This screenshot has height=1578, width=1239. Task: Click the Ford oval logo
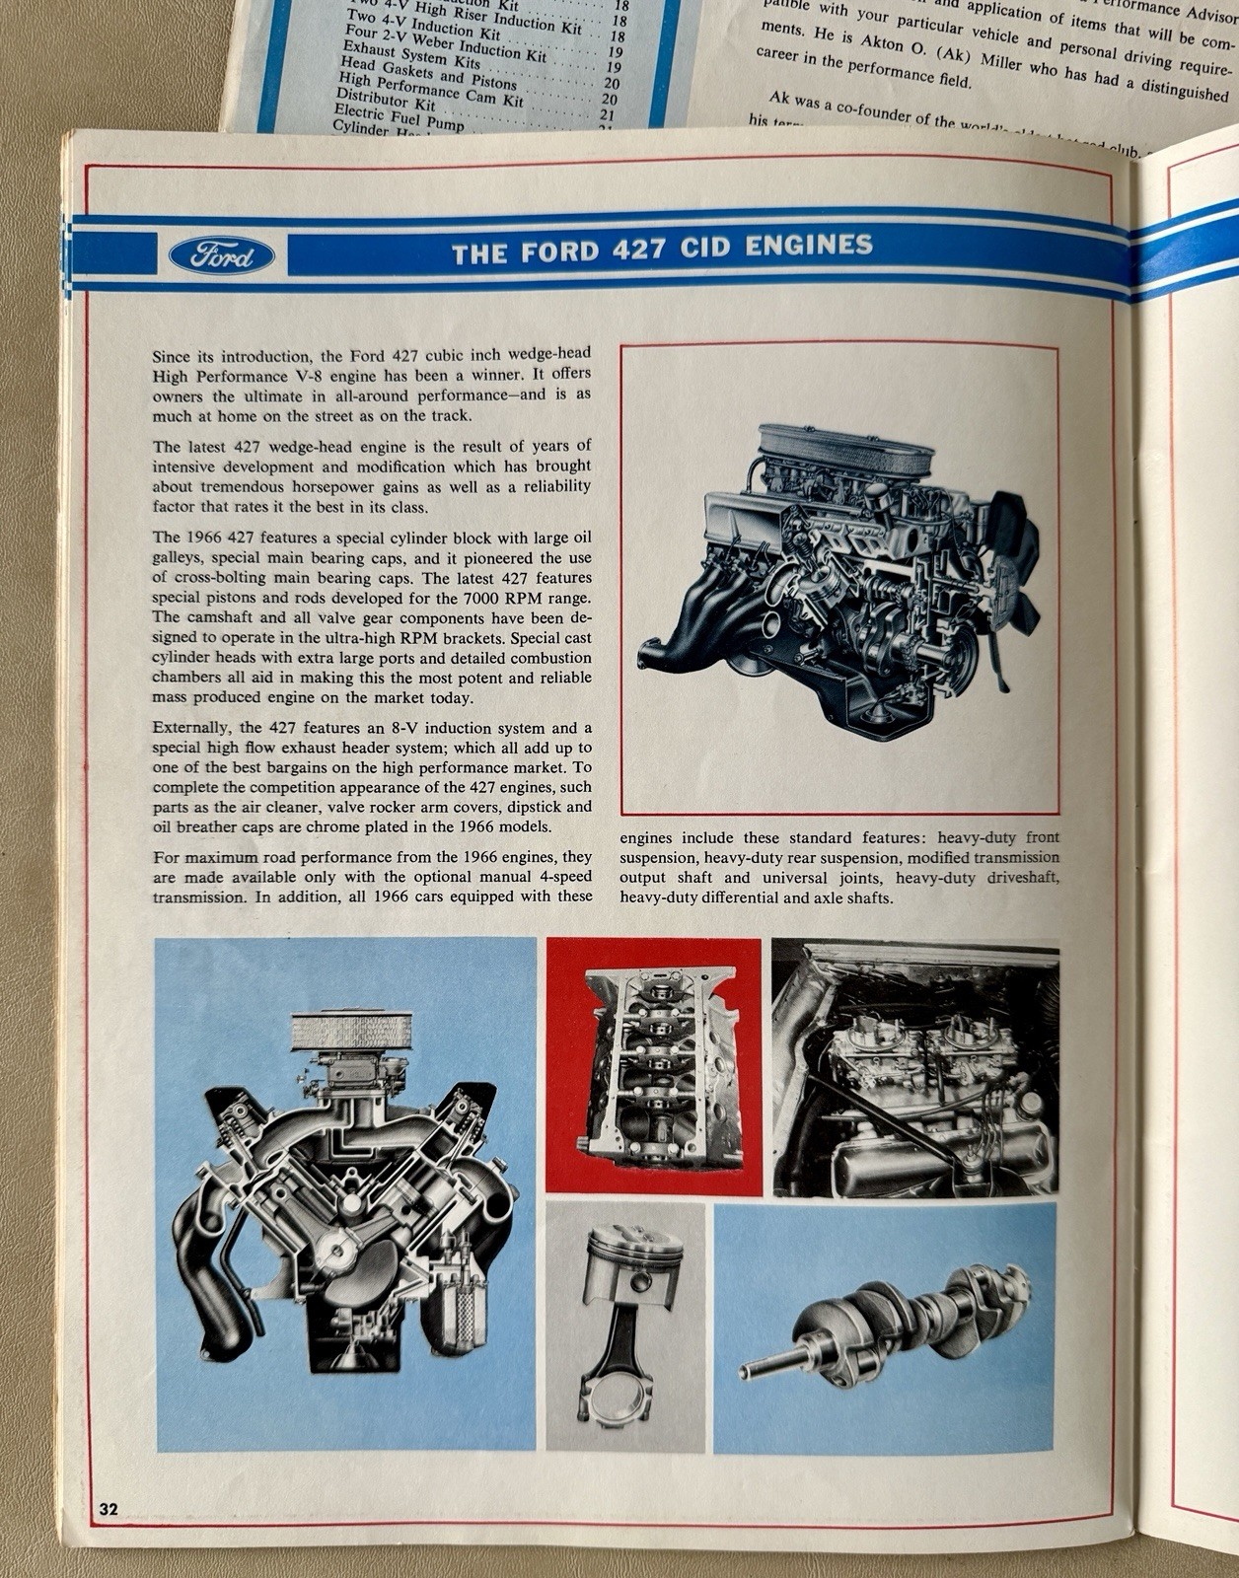(x=222, y=256)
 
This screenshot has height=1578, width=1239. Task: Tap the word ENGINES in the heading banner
(x=809, y=245)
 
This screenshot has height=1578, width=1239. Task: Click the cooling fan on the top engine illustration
(x=1016, y=562)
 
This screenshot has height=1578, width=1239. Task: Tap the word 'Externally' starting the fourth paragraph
(x=191, y=728)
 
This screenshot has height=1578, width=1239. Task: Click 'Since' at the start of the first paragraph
(x=172, y=356)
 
